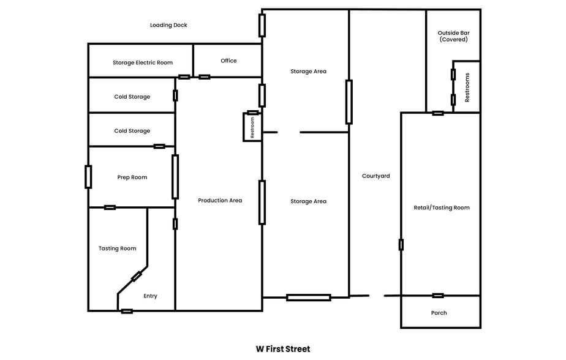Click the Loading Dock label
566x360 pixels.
tap(168, 25)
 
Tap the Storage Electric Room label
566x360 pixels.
tap(143, 62)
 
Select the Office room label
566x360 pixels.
tap(228, 61)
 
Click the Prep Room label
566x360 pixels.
tap(132, 178)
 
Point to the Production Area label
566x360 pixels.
tap(220, 201)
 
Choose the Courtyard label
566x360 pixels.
tap(375, 176)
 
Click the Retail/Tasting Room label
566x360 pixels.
tap(442, 208)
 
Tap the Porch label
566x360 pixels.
tap(439, 313)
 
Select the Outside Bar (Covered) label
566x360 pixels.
tap(453, 36)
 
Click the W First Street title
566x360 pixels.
tap(283, 349)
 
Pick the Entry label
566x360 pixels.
tap(150, 296)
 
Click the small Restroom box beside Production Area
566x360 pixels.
tap(252, 127)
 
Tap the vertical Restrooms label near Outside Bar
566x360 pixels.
tap(467, 87)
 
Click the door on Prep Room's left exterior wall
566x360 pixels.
tap(88, 176)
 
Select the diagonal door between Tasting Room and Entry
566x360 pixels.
tap(136, 277)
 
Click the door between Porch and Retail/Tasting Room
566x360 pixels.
tap(438, 296)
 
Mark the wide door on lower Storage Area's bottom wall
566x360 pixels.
tap(308, 298)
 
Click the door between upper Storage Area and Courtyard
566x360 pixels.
tap(349, 102)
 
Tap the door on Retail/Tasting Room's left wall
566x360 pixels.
tap(401, 245)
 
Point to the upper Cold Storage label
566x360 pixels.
tap(132, 97)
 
